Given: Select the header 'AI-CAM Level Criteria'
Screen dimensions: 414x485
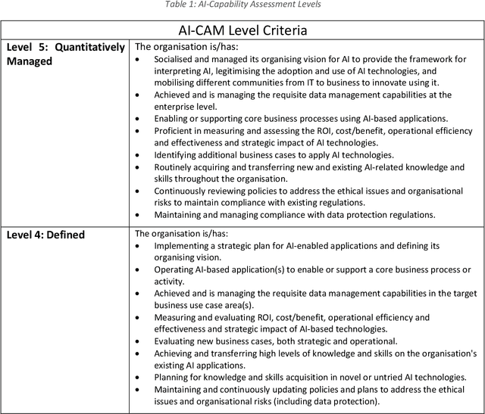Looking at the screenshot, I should tap(242, 30).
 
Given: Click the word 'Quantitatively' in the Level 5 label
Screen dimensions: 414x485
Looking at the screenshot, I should tap(88, 48).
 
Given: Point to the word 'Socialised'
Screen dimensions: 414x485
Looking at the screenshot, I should tap(178, 58).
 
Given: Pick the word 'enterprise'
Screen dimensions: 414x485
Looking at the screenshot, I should tap(180, 106).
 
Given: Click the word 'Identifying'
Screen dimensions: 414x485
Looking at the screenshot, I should tap(180, 154).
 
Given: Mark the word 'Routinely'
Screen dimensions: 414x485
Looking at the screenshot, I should tap(177, 167).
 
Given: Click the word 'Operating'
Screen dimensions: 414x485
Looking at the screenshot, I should tap(176, 269).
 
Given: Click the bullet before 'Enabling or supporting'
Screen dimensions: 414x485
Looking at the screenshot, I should tap(137, 118).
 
